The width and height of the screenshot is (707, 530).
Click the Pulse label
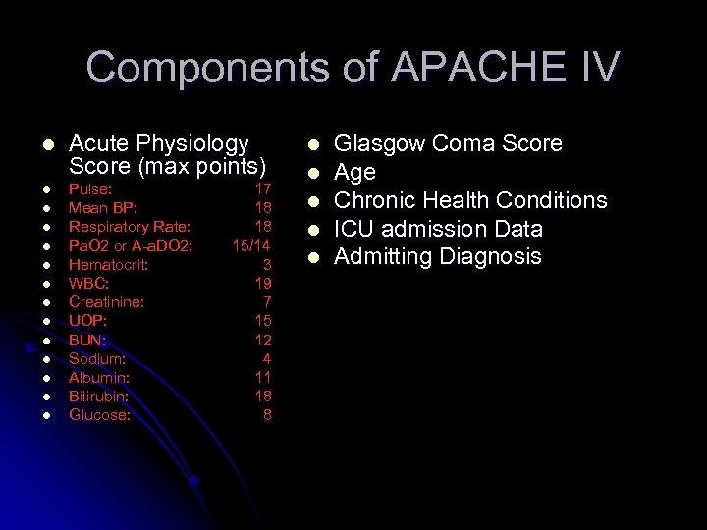point(90,188)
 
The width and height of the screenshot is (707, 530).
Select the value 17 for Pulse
point(262,188)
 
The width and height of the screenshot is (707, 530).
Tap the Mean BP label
point(103,207)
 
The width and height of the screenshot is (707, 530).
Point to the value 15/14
point(251,244)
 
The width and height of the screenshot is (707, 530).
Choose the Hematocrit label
point(108,264)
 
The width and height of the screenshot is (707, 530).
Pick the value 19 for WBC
point(262,283)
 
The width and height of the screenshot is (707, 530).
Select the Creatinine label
point(106,301)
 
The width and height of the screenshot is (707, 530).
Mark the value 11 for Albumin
point(262,377)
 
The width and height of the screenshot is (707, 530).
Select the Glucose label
point(99,414)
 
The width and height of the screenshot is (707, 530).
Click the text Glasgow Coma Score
point(448,144)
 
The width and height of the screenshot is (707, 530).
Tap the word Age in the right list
point(354,173)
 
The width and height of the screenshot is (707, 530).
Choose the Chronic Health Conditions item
point(470,200)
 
